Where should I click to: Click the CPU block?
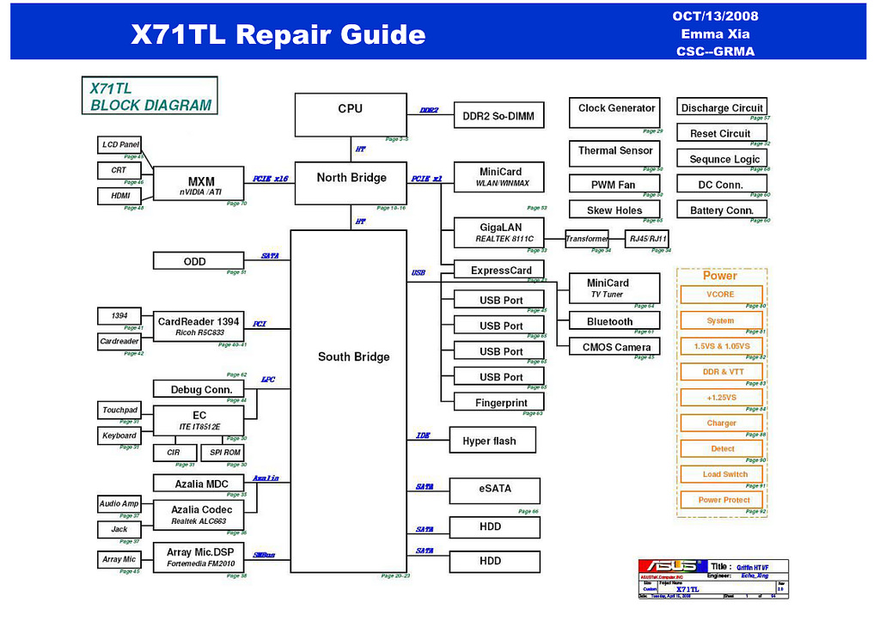[x=351, y=114]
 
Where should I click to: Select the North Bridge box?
[x=351, y=182]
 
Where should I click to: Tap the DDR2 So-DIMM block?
[x=498, y=116]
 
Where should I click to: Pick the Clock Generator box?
[x=614, y=113]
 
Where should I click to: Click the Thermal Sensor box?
[x=614, y=154]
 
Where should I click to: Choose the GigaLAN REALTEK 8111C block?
[x=500, y=233]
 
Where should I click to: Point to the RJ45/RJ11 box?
[x=648, y=239]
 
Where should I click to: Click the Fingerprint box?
[x=500, y=403]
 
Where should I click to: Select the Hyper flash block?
[x=493, y=441]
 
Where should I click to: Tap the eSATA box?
[x=495, y=490]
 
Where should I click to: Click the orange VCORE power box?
[x=721, y=295]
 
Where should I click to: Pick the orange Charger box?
[x=721, y=423]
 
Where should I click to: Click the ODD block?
[x=195, y=261]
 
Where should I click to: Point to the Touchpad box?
[x=119, y=411]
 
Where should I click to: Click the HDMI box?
[x=119, y=197]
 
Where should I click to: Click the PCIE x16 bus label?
[x=271, y=180]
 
